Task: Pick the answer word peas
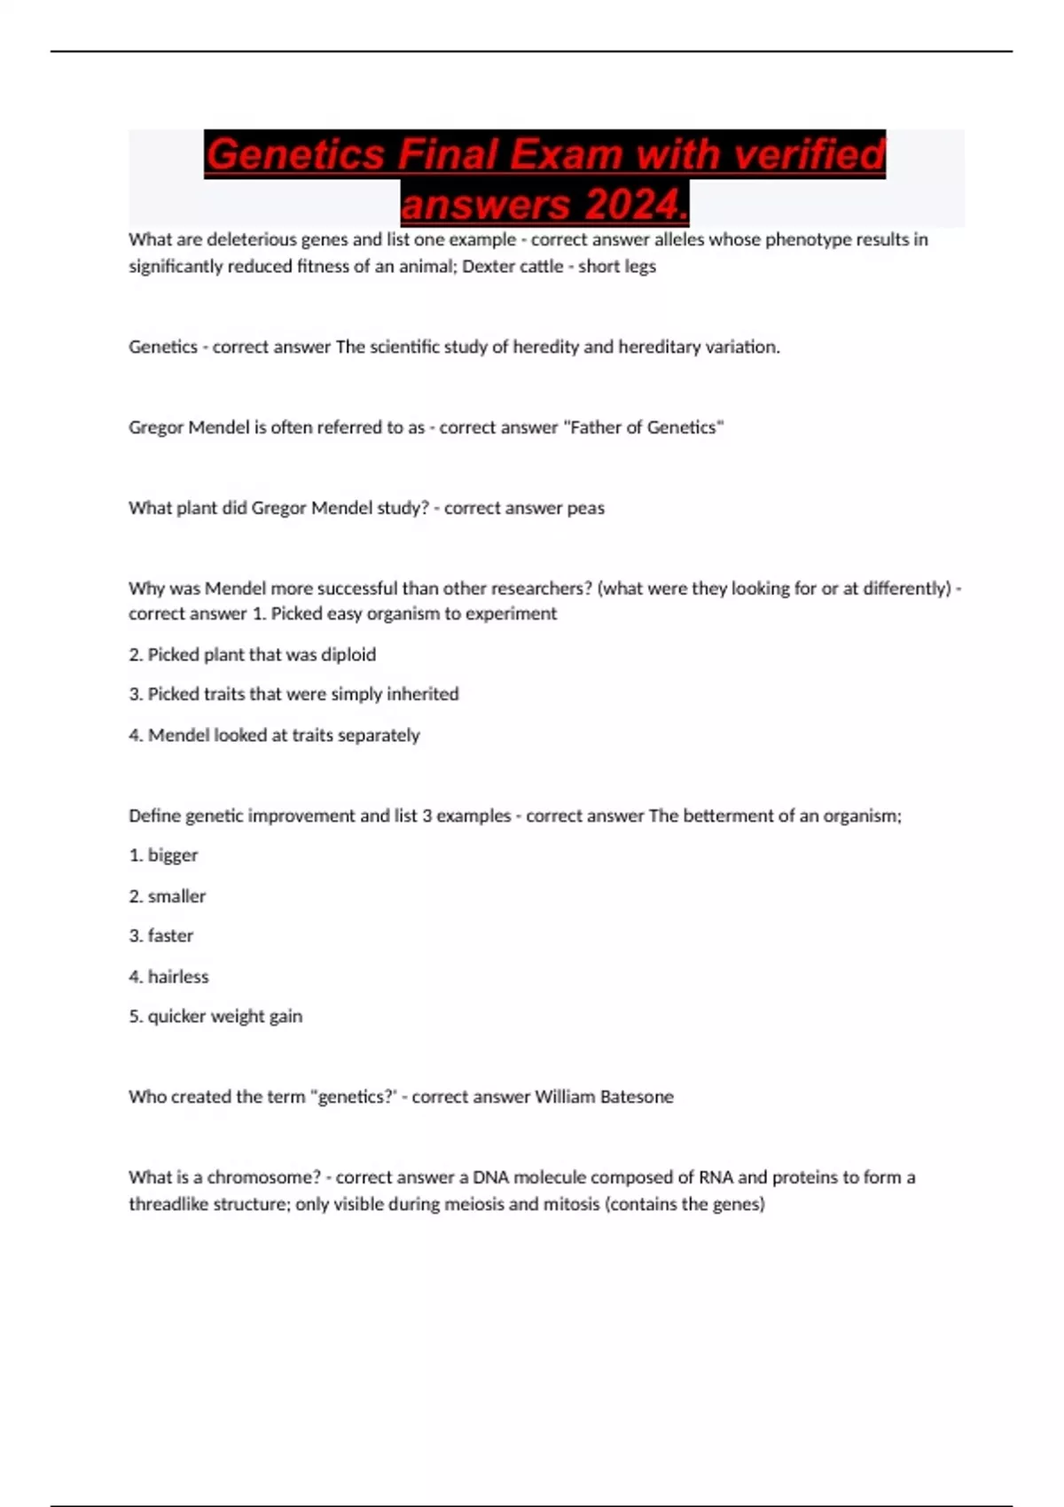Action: click(x=585, y=508)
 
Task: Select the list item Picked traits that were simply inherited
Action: click(x=293, y=694)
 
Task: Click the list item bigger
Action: click(x=172, y=855)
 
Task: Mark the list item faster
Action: click(x=169, y=936)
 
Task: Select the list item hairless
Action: click(x=177, y=977)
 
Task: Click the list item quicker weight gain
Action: click(x=224, y=1017)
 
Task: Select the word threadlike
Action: click(x=168, y=1204)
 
